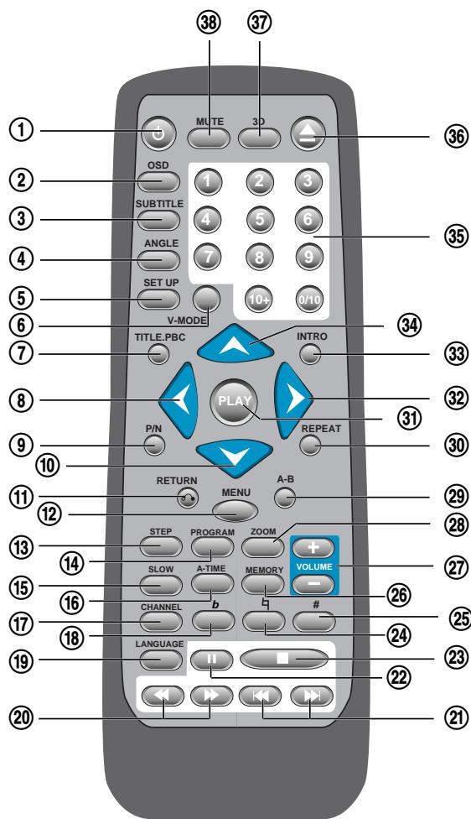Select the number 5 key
click(x=261, y=220)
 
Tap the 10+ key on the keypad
click(x=261, y=298)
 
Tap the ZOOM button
click(x=261, y=545)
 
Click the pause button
click(x=210, y=657)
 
